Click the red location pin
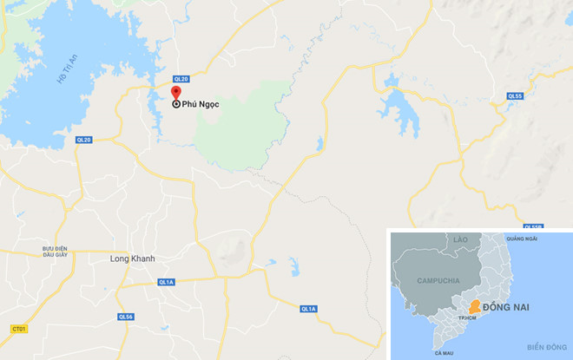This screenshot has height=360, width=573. [x=175, y=94]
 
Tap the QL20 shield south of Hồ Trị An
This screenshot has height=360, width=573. [x=83, y=139]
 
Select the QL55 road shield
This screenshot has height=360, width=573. [x=515, y=95]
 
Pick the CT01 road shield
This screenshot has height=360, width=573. [x=19, y=328]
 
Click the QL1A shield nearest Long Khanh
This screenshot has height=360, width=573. [x=167, y=282]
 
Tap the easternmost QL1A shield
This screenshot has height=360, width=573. [x=308, y=309]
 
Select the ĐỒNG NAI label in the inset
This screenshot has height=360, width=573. [x=509, y=307]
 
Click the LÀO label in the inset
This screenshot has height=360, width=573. [x=461, y=238]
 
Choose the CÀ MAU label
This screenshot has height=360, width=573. [x=444, y=353]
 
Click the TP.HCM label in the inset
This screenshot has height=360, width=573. [x=470, y=319]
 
